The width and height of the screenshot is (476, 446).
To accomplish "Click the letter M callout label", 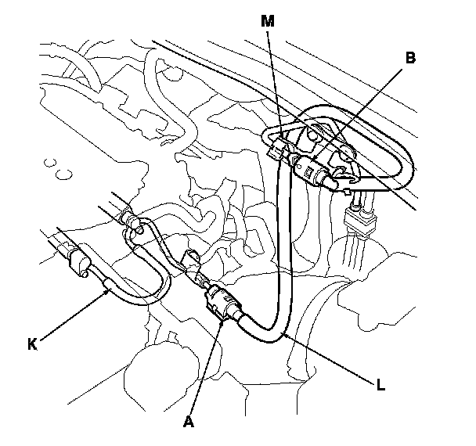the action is (x=268, y=21).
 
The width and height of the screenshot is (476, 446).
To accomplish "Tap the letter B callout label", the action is (x=410, y=58).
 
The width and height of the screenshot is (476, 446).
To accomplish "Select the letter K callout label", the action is (x=32, y=344).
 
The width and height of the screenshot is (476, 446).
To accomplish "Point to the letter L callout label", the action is (x=380, y=385).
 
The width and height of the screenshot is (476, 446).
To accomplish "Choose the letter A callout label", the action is (x=189, y=422).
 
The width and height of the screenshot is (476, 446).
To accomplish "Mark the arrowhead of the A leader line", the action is (x=222, y=324).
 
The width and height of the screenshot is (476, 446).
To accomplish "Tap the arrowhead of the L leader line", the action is (x=284, y=335).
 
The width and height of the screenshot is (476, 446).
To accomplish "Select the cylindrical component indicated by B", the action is (x=312, y=171).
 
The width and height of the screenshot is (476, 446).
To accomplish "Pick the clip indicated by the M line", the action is (x=277, y=148).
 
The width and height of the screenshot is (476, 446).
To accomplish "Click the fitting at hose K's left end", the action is (x=80, y=261).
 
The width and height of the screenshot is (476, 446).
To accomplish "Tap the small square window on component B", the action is (x=308, y=172).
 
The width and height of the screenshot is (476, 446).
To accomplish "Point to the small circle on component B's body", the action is (x=299, y=167).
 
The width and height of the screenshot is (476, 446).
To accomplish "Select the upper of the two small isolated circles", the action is (x=50, y=163).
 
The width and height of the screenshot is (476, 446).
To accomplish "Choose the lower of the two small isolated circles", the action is (x=63, y=174).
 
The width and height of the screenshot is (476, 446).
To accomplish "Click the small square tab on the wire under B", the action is (x=348, y=192).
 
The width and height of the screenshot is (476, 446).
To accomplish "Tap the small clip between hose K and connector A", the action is (x=190, y=260).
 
